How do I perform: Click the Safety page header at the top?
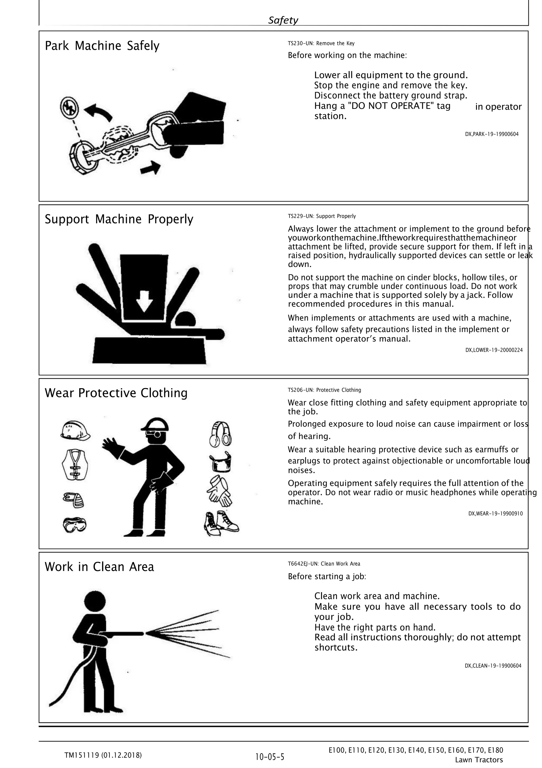point(283,20)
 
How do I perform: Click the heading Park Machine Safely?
point(102,46)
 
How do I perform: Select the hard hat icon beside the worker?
point(75,431)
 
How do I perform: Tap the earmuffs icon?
point(221,434)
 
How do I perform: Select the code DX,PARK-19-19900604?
point(491,134)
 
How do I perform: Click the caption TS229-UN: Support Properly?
point(322,216)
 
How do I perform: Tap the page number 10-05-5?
point(269,756)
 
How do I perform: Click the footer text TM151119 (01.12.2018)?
point(103,755)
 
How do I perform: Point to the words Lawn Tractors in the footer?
point(478,760)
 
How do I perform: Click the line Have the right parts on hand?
point(375,627)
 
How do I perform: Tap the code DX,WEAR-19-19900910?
point(495,514)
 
